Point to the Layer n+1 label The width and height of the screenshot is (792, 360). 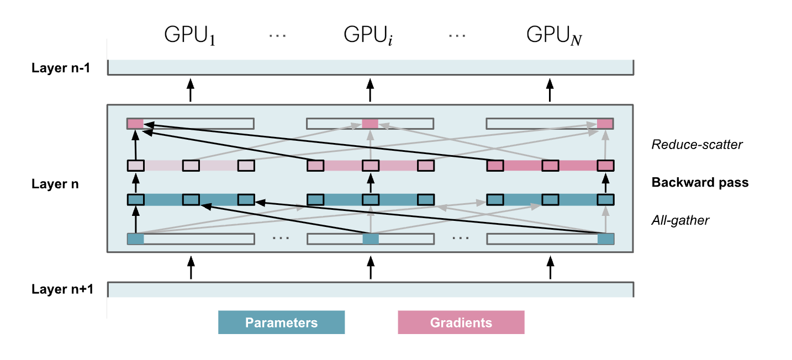pyautogui.click(x=62, y=289)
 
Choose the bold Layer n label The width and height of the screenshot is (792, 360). pyautogui.click(x=55, y=184)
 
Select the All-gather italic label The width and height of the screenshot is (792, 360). pyautogui.click(x=680, y=220)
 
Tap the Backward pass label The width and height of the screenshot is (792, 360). pyautogui.click(x=700, y=182)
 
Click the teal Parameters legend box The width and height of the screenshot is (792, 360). pyautogui.click(x=281, y=322)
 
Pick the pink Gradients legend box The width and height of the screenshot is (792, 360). pyautogui.click(x=461, y=322)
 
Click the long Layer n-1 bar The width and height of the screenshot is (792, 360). pyautogui.click(x=370, y=67)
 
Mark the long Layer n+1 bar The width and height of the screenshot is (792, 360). pyautogui.click(x=370, y=289)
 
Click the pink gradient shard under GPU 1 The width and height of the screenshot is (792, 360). pyautogui.click(x=135, y=124)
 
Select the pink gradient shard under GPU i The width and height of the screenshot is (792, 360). pyautogui.click(x=370, y=124)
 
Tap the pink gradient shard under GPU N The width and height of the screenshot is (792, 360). pyautogui.click(x=605, y=124)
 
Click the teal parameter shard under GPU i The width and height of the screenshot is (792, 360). pyautogui.click(x=371, y=239)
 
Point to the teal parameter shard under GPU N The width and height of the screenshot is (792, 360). pyautogui.click(x=606, y=239)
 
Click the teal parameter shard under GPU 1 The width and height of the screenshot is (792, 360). pyautogui.click(x=135, y=239)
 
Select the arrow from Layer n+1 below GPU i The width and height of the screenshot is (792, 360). pyautogui.click(x=370, y=267)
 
